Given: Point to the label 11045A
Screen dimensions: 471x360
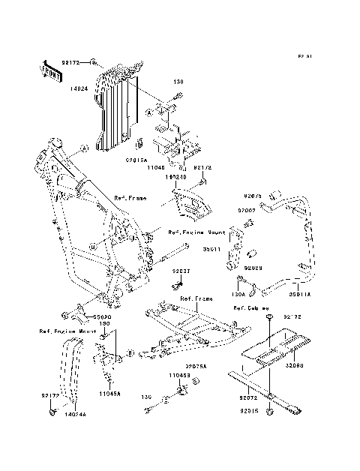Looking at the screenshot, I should coord(109,392).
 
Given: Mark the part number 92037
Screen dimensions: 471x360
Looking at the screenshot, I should coord(181,271).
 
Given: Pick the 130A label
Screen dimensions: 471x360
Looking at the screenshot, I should coord(239,295).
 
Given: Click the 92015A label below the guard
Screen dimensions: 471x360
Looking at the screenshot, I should coord(135,159).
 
